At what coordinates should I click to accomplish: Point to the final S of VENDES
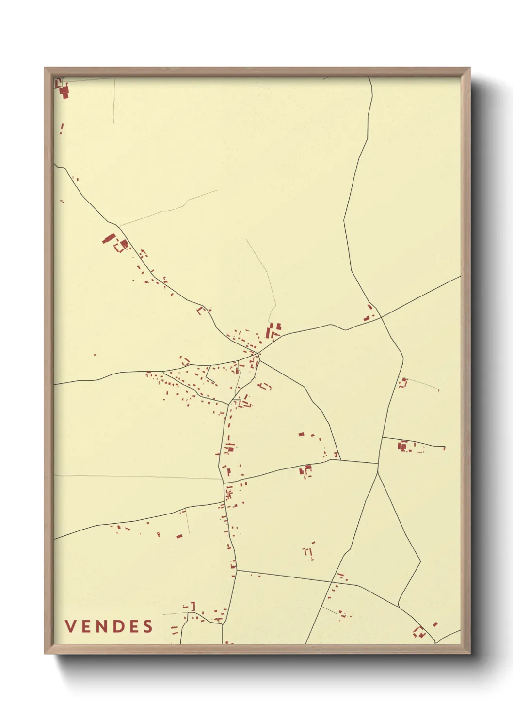click(x=148, y=626)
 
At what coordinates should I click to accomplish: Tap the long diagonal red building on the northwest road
click(x=109, y=238)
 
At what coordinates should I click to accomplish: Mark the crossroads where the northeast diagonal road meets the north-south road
click(x=381, y=317)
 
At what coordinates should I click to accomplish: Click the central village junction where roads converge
click(x=259, y=354)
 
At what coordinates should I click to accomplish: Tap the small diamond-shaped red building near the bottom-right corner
click(x=435, y=624)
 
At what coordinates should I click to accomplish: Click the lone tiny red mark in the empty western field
click(x=95, y=355)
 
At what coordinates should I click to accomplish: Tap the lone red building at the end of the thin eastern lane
click(x=439, y=390)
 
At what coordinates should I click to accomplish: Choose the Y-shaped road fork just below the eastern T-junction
click(x=378, y=473)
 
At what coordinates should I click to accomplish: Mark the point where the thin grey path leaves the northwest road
click(x=120, y=226)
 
